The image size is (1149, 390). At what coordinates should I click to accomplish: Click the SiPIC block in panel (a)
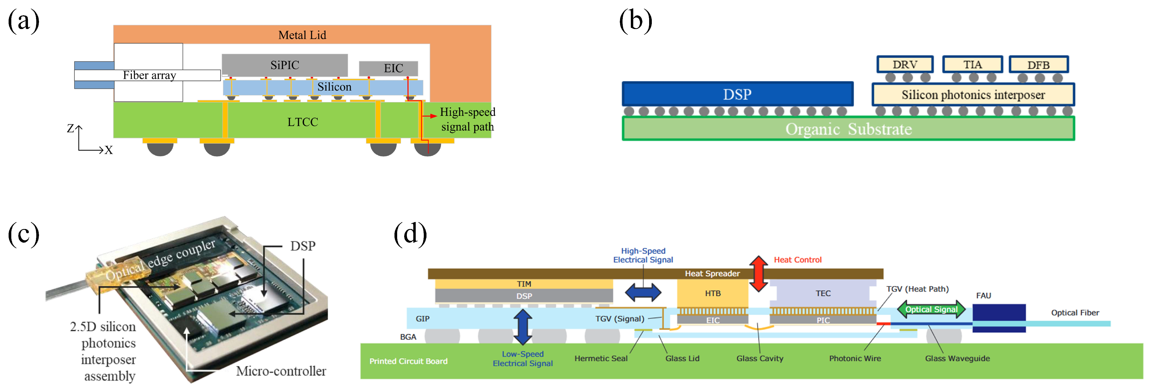[x=284, y=65]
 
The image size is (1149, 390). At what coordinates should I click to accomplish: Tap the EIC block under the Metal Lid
[x=389, y=68]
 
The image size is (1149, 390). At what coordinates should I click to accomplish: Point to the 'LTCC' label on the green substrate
[x=303, y=122]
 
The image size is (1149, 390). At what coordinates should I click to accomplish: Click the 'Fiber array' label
[x=150, y=75]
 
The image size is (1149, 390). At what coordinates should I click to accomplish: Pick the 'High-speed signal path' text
[x=467, y=119]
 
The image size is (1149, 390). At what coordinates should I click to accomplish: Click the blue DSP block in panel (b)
[x=737, y=94]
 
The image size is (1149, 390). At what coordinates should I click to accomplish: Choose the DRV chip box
[x=905, y=65]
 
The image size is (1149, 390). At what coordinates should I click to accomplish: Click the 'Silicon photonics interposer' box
[x=973, y=95]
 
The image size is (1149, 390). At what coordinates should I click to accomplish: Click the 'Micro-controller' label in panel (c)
[x=281, y=371]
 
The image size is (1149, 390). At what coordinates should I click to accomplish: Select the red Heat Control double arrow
[x=758, y=273]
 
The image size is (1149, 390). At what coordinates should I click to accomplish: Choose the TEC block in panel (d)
[x=823, y=293]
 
